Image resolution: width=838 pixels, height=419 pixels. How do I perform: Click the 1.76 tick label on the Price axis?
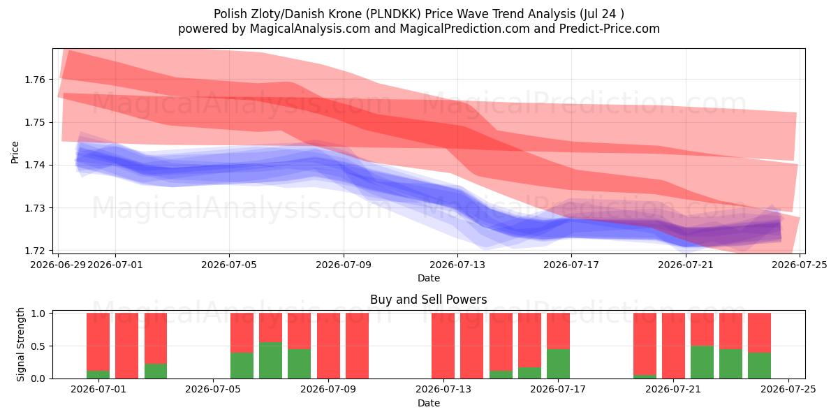(x=35, y=80)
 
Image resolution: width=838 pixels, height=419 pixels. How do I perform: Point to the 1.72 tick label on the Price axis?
(x=35, y=251)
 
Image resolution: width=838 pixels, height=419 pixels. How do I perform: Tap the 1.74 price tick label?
(x=35, y=165)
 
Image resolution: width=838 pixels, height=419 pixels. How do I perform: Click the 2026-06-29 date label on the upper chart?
(x=58, y=265)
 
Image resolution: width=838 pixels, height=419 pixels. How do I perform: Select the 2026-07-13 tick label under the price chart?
(x=457, y=265)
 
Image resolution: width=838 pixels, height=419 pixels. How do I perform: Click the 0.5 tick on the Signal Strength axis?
(x=38, y=346)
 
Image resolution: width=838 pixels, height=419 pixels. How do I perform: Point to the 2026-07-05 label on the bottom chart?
(x=213, y=390)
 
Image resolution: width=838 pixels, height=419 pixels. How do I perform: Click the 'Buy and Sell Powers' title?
(x=428, y=300)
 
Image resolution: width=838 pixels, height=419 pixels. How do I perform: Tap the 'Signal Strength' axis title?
(x=20, y=344)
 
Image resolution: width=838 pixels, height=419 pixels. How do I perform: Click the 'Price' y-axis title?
(x=15, y=152)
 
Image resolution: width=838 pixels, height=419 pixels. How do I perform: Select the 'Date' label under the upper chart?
(x=429, y=278)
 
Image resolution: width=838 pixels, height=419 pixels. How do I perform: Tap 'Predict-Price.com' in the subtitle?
(x=610, y=29)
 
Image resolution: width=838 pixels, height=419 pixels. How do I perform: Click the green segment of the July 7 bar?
(x=270, y=360)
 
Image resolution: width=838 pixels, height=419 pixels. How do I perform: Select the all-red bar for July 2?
(x=127, y=346)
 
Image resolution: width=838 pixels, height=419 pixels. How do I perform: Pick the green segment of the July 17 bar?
(x=558, y=364)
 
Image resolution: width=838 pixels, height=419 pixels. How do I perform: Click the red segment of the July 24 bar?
(x=760, y=332)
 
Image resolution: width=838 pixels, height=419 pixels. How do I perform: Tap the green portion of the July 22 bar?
(x=702, y=362)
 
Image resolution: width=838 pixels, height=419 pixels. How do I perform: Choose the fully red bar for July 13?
(x=443, y=346)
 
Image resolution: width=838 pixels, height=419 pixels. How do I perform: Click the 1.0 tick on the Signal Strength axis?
(x=38, y=314)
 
